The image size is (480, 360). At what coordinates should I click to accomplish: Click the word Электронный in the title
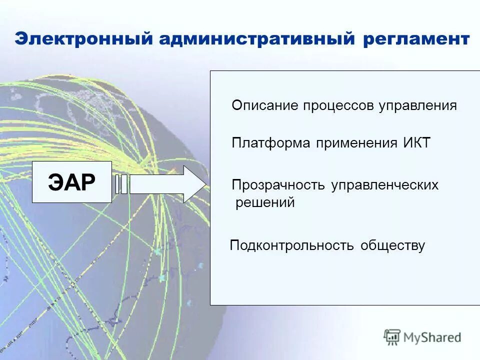pos(83,39)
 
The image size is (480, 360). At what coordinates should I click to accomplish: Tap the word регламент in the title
pos(416,39)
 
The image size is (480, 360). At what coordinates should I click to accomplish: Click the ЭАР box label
pos(72,182)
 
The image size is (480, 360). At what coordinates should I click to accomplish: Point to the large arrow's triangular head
pos(195,184)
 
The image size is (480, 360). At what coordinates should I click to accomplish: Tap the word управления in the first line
pos(417,105)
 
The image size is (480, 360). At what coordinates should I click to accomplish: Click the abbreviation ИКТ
pos(416,143)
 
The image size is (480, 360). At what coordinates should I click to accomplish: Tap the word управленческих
pos(384,185)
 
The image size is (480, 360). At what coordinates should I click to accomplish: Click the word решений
pos(265,203)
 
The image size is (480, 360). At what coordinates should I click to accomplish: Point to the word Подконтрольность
pos(291,245)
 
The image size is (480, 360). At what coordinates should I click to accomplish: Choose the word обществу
pos(392,245)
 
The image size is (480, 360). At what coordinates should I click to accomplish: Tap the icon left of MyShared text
pos(392,337)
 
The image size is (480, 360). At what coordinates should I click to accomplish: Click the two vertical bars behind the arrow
pos(121,184)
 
